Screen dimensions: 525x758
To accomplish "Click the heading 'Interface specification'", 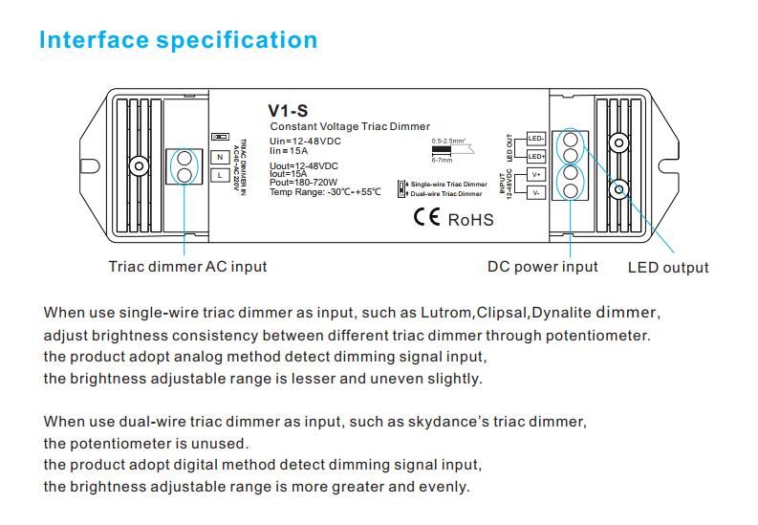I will (x=178, y=40).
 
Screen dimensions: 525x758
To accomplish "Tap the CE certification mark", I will (x=426, y=217).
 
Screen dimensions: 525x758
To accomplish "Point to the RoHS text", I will (x=471, y=219).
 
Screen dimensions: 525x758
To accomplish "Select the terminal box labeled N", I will (x=219, y=157).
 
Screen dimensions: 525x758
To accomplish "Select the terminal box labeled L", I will (x=219, y=176).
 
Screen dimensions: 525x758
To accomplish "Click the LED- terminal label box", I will (x=535, y=139).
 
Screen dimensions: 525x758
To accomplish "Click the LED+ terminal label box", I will (x=535, y=156).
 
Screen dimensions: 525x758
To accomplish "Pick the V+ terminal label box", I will (x=535, y=174).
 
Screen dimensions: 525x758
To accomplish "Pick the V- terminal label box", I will (x=535, y=192).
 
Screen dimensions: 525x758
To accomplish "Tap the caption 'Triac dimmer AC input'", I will (x=187, y=266).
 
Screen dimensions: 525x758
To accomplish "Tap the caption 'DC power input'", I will (x=543, y=266).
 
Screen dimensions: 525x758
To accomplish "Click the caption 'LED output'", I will (x=668, y=267).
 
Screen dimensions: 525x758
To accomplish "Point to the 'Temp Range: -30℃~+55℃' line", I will (x=325, y=191).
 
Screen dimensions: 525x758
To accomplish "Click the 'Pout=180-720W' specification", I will (x=304, y=183).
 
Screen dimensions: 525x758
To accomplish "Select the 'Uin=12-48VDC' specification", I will (x=306, y=141).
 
